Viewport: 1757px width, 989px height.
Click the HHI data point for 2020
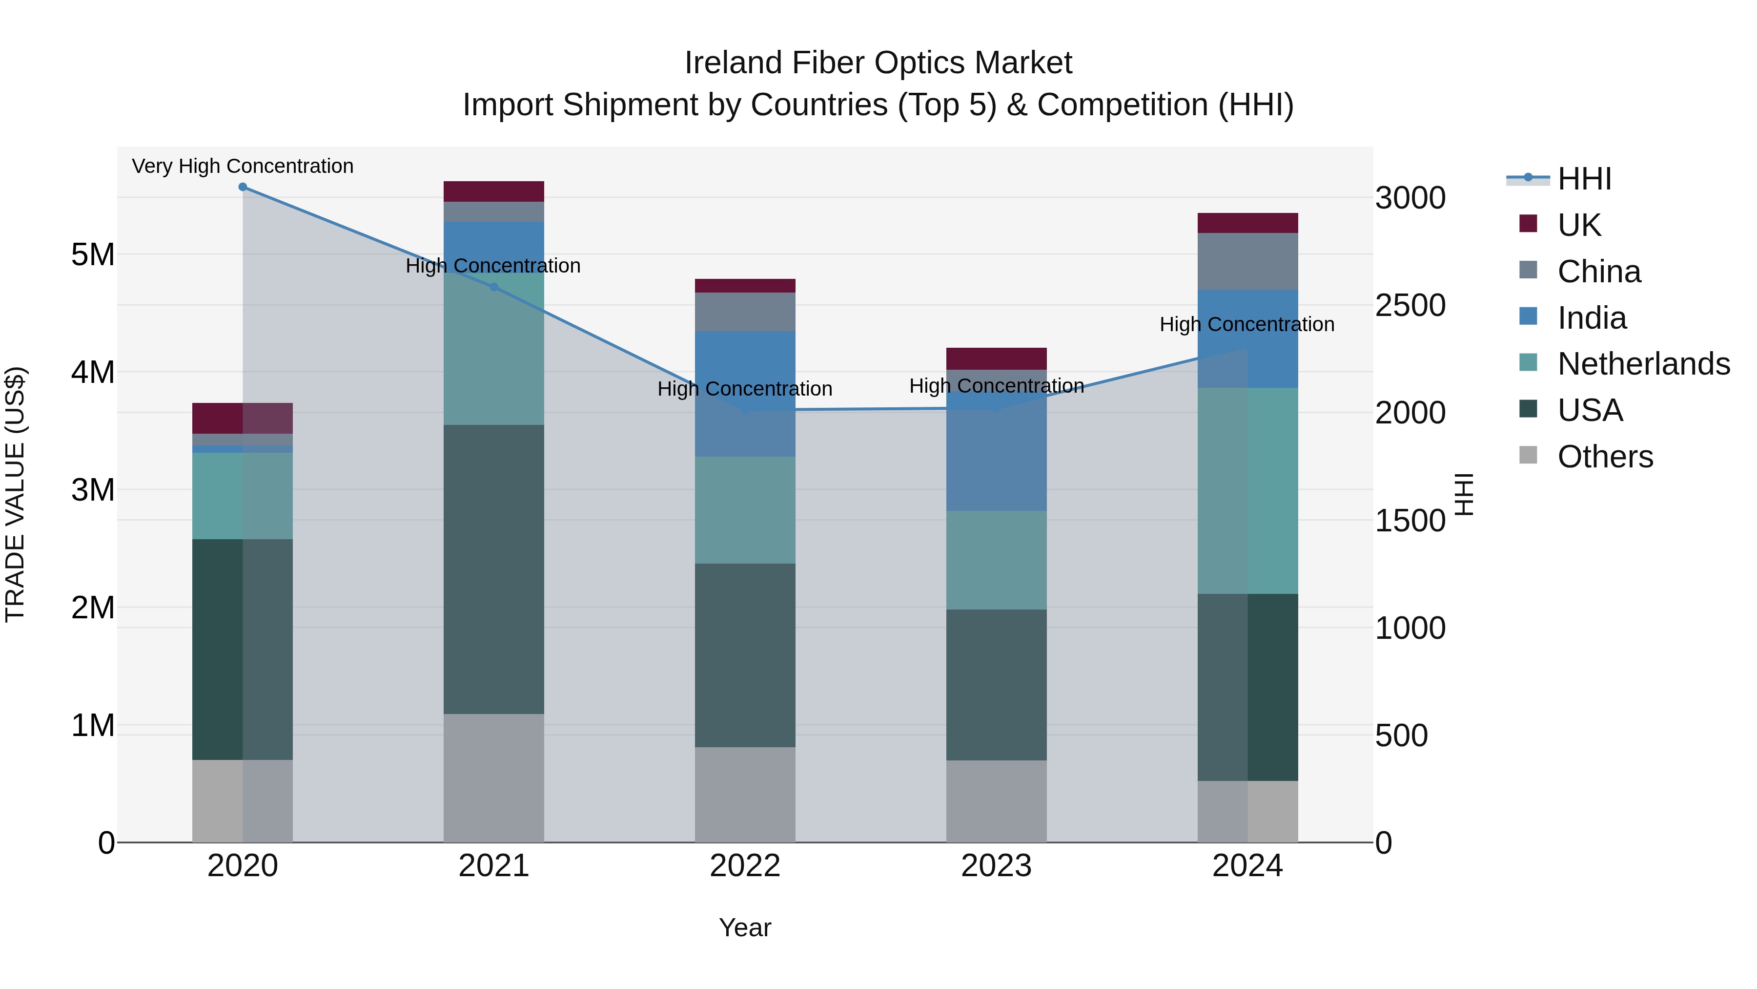coord(243,187)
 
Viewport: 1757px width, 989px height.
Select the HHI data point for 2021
coord(494,287)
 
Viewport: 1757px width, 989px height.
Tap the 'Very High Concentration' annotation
coord(243,167)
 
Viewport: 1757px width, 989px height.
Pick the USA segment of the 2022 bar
coord(745,655)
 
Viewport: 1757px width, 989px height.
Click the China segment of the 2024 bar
coord(1247,261)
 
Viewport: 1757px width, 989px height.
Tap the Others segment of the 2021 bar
coord(494,778)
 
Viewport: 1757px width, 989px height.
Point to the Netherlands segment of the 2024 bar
coord(1247,491)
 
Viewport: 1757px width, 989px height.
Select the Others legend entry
coord(1605,457)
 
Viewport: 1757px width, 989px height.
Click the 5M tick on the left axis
coord(93,254)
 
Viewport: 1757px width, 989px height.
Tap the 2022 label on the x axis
coord(745,866)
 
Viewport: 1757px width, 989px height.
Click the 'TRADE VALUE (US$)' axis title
coord(15,494)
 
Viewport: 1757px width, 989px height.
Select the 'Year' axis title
coord(745,927)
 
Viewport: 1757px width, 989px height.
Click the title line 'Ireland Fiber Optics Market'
coord(878,63)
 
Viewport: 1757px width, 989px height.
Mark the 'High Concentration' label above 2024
coord(1247,325)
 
